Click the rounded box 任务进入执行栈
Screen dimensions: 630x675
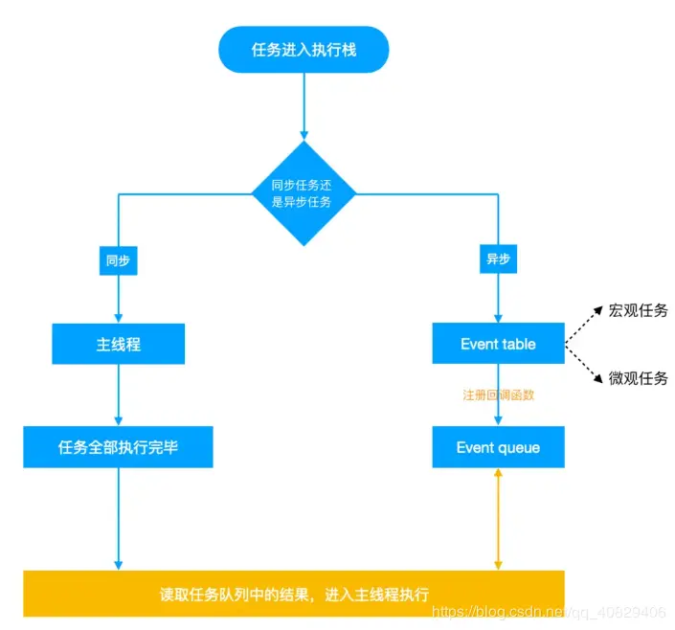pos(304,50)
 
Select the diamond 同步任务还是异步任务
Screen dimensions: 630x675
pos(304,193)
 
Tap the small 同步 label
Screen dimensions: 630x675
pos(118,260)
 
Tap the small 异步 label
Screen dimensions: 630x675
pos(498,260)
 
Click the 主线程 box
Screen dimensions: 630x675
pos(118,344)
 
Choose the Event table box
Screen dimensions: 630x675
pos(498,344)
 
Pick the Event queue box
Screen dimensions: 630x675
pos(498,447)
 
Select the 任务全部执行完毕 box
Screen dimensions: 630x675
pos(118,447)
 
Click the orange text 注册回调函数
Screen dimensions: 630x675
pos(498,395)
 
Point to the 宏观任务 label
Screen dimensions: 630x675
pos(638,310)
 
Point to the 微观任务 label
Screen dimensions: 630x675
pos(638,377)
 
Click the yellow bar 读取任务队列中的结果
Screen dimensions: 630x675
pos(294,593)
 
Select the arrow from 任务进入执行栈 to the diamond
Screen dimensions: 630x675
pos(304,105)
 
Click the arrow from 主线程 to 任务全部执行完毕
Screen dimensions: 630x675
pos(118,394)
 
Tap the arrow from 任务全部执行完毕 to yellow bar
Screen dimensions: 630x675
pos(118,517)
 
